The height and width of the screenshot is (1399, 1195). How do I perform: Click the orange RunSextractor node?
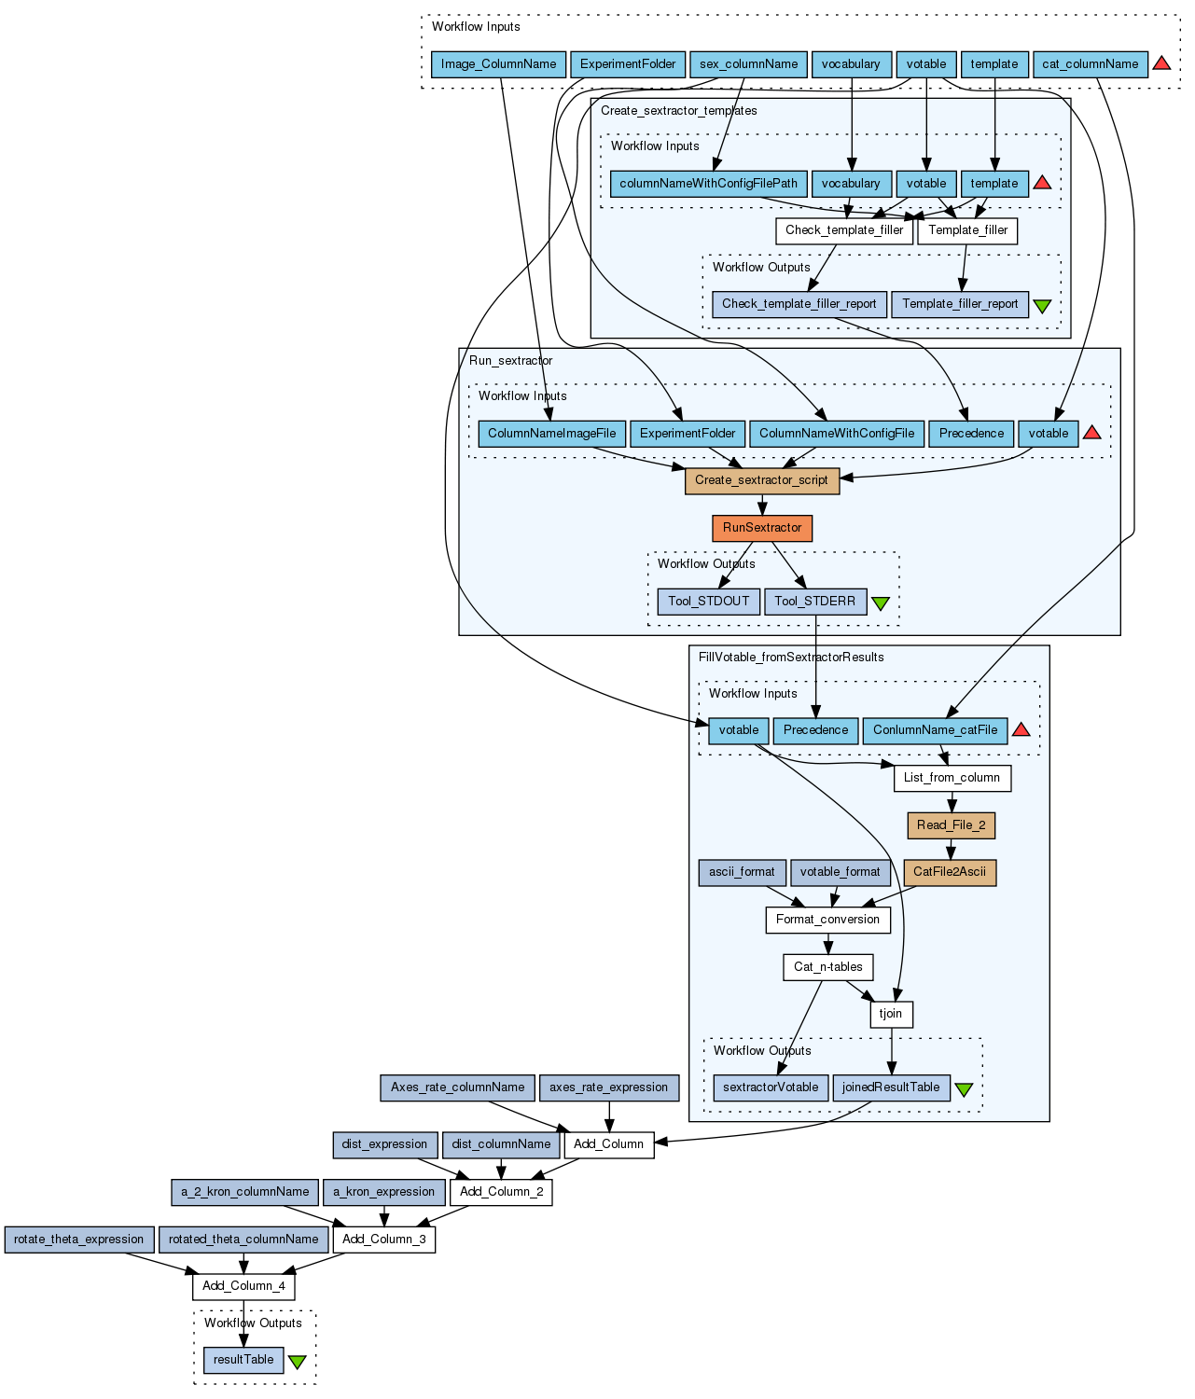click(x=762, y=528)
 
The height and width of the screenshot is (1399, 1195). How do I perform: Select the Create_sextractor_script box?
click(x=762, y=480)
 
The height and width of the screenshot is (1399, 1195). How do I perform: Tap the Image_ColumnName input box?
click(x=498, y=64)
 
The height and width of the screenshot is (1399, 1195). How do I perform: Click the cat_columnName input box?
click(x=1090, y=64)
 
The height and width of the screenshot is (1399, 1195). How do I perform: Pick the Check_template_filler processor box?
click(x=844, y=230)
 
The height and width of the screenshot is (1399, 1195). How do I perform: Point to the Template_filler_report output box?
click(x=960, y=304)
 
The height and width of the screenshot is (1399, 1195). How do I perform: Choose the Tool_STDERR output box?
click(x=814, y=602)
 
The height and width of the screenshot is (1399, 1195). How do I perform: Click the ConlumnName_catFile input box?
click(x=935, y=730)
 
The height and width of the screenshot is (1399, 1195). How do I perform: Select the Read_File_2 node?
click(x=951, y=825)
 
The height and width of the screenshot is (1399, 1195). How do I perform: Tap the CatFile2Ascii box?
click(x=950, y=872)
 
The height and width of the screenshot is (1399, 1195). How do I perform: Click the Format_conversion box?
click(x=827, y=920)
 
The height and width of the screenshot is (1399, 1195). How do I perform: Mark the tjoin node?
click(x=891, y=1014)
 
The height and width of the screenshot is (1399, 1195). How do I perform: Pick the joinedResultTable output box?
click(x=891, y=1087)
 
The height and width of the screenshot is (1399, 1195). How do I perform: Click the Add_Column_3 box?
click(x=383, y=1240)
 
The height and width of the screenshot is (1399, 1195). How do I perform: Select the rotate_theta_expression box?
click(x=78, y=1240)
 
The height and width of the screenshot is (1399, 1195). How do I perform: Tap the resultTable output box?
click(x=243, y=1360)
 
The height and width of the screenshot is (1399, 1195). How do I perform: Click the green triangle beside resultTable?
click(x=297, y=1362)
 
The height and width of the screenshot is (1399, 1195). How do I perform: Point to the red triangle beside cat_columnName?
click(x=1161, y=63)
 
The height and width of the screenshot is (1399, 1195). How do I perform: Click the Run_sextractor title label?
click(x=510, y=361)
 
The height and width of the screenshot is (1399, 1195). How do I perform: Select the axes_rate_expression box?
click(x=608, y=1087)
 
